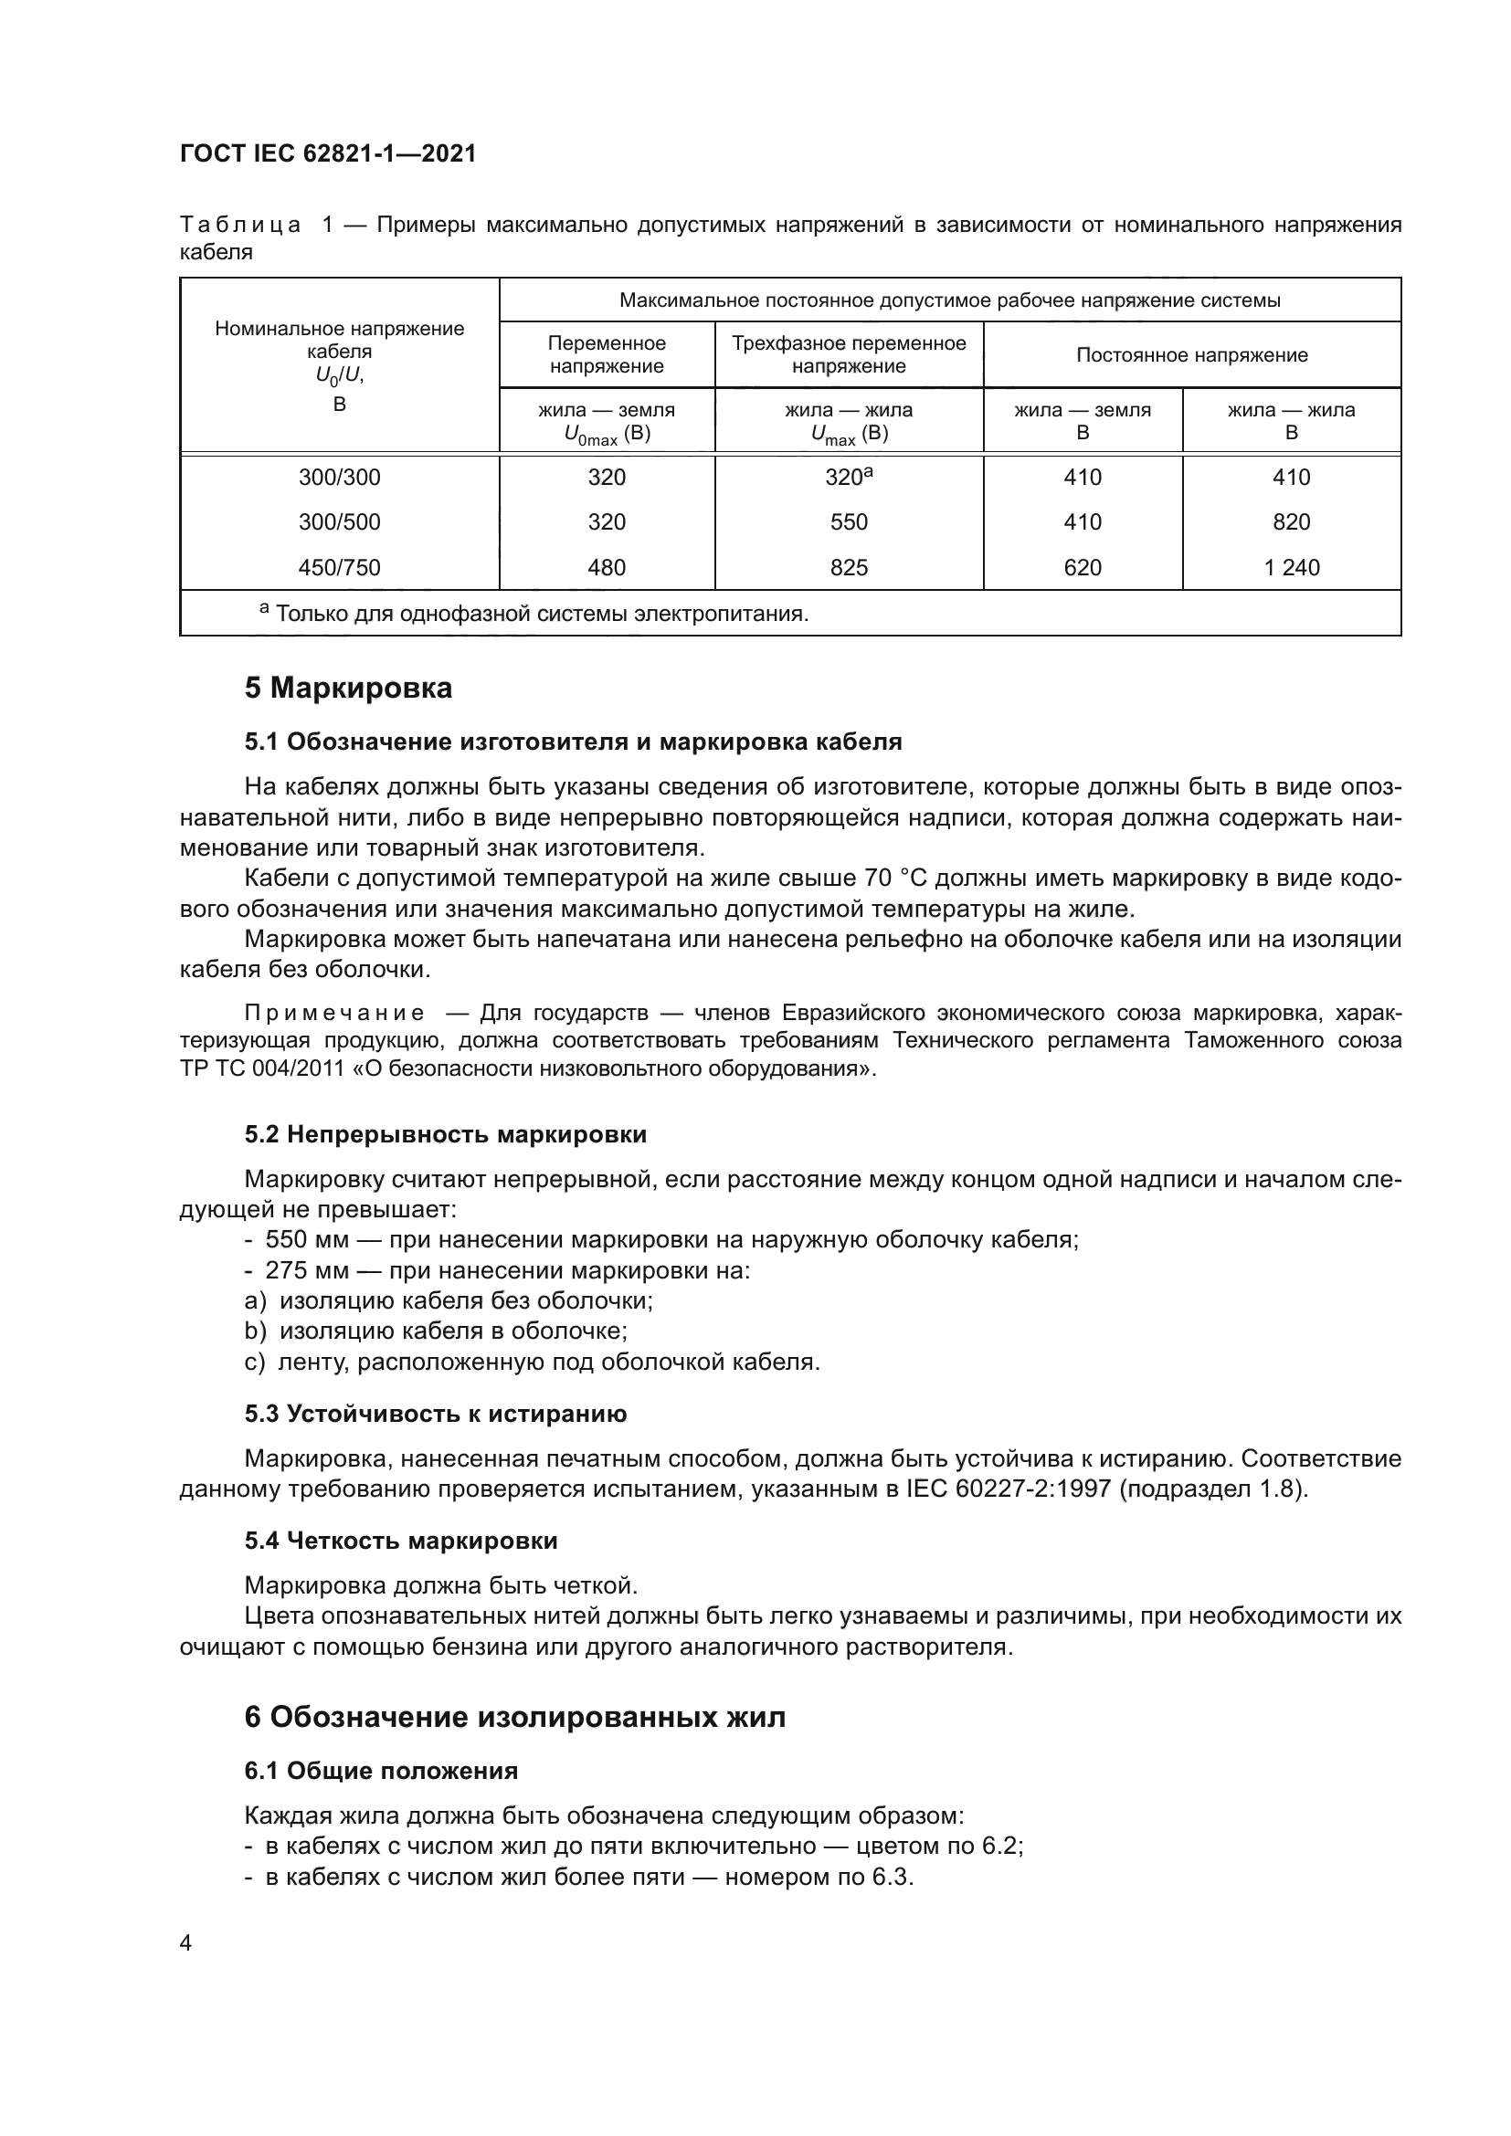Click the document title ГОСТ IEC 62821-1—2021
pyautogui.click(x=328, y=154)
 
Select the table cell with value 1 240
pyautogui.click(x=1291, y=567)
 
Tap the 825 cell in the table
pyautogui.click(x=849, y=567)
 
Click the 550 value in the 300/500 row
pyautogui.click(x=849, y=522)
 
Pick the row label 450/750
pyautogui.click(x=339, y=567)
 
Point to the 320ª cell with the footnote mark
pyautogui.click(x=849, y=478)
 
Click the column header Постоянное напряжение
pyautogui.click(x=1191, y=355)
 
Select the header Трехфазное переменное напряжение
pyautogui.click(x=849, y=354)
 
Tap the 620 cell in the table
pyautogui.click(x=1082, y=567)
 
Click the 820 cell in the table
pyautogui.click(x=1291, y=522)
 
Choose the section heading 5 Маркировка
pyautogui.click(x=348, y=689)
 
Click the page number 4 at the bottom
pyautogui.click(x=185, y=1943)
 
